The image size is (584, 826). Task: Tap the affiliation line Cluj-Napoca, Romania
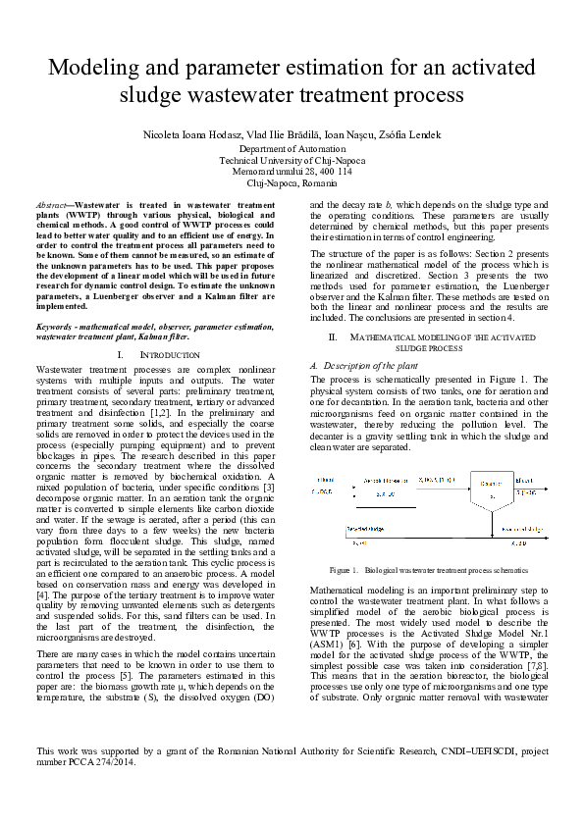coord(292,183)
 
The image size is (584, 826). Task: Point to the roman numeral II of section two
coord(334,336)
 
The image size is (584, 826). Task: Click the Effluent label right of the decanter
coord(523,480)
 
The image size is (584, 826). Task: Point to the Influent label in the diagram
coord(319,479)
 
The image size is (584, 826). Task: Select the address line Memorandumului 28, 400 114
coord(292,172)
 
